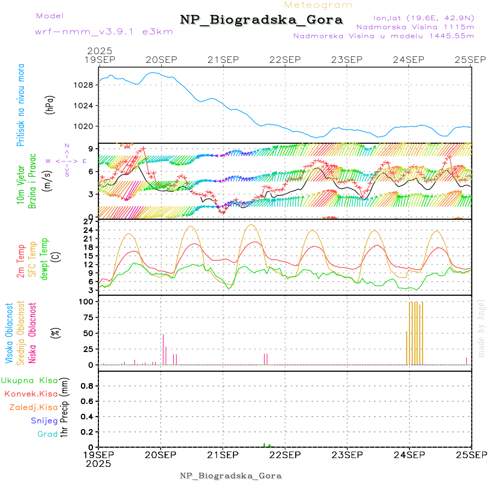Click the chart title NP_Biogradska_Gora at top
click(261, 20)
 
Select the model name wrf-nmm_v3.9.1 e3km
click(104, 31)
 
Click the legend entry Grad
click(48, 435)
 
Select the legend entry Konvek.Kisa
click(31, 394)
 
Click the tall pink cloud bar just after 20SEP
click(163, 349)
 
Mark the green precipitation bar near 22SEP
click(265, 445)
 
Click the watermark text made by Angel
click(482, 327)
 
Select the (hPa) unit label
click(50, 104)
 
